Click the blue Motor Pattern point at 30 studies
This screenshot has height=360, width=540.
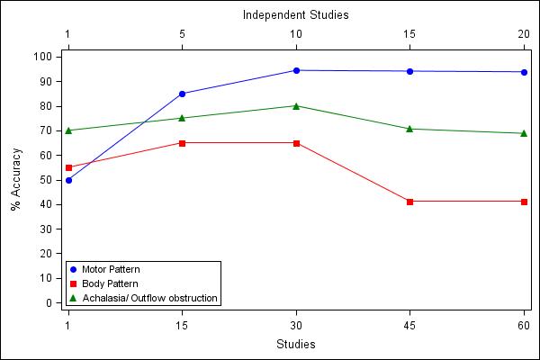pyautogui.click(x=296, y=70)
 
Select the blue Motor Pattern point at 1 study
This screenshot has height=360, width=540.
pyautogui.click(x=68, y=180)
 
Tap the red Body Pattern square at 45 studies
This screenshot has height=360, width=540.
pyautogui.click(x=409, y=202)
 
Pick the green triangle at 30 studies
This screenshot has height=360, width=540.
pyautogui.click(x=296, y=105)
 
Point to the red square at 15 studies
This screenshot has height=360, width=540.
pyautogui.click(x=182, y=143)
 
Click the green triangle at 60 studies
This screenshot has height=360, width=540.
pyautogui.click(x=524, y=133)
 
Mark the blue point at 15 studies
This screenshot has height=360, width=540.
pyautogui.click(x=182, y=94)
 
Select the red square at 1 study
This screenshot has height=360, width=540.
pyautogui.click(x=68, y=167)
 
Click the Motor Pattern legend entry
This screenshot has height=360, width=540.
pyautogui.click(x=110, y=270)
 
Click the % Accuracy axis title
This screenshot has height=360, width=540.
pyautogui.click(x=16, y=180)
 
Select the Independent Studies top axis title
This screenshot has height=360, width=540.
pyautogui.click(x=296, y=15)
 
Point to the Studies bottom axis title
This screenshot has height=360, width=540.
pyautogui.click(x=296, y=344)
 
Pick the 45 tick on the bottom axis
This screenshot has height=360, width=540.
pyautogui.click(x=409, y=324)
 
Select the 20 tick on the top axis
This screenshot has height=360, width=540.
pyautogui.click(x=524, y=35)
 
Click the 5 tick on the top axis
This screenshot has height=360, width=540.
pyautogui.click(x=182, y=35)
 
